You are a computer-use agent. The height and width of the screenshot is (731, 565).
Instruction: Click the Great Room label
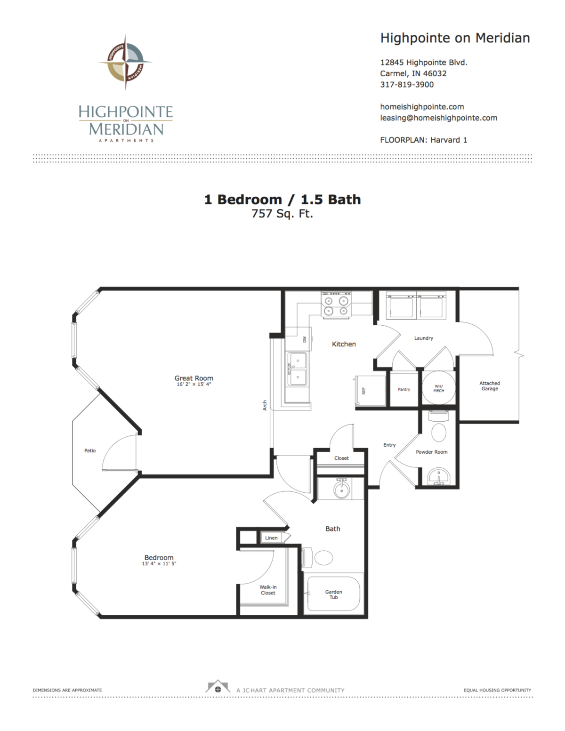pos(194,378)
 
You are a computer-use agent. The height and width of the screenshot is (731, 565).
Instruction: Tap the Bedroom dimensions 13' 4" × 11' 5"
pos(159,563)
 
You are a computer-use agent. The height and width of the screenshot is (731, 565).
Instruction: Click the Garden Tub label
pos(333,594)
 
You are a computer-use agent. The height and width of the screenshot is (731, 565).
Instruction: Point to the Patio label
pos(90,450)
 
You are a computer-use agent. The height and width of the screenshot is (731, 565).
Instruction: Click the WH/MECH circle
pos(438,388)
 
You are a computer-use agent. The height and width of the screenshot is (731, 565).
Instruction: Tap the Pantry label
pos(404,389)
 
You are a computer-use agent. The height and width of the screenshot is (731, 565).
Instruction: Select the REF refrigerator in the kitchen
pos(363,391)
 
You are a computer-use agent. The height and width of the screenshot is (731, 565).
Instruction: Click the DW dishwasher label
pos(305,339)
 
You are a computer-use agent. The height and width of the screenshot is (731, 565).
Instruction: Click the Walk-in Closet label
pos(268,590)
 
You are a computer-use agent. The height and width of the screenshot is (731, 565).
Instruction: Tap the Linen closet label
pos(271,538)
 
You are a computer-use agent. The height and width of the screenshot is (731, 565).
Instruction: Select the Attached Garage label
pos(490,386)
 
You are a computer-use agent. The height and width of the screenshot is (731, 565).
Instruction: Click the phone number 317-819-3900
pos(407,85)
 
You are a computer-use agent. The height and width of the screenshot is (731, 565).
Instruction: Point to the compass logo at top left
pos(125,62)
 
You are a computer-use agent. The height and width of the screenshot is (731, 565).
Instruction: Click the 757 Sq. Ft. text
pos(282,214)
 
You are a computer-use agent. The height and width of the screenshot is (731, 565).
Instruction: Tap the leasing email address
pos(438,118)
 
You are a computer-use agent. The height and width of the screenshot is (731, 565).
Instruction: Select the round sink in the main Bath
pos(341,490)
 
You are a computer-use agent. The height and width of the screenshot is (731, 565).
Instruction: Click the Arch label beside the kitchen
pos(265,405)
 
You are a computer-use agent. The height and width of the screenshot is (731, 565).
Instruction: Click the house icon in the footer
pos(218,688)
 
